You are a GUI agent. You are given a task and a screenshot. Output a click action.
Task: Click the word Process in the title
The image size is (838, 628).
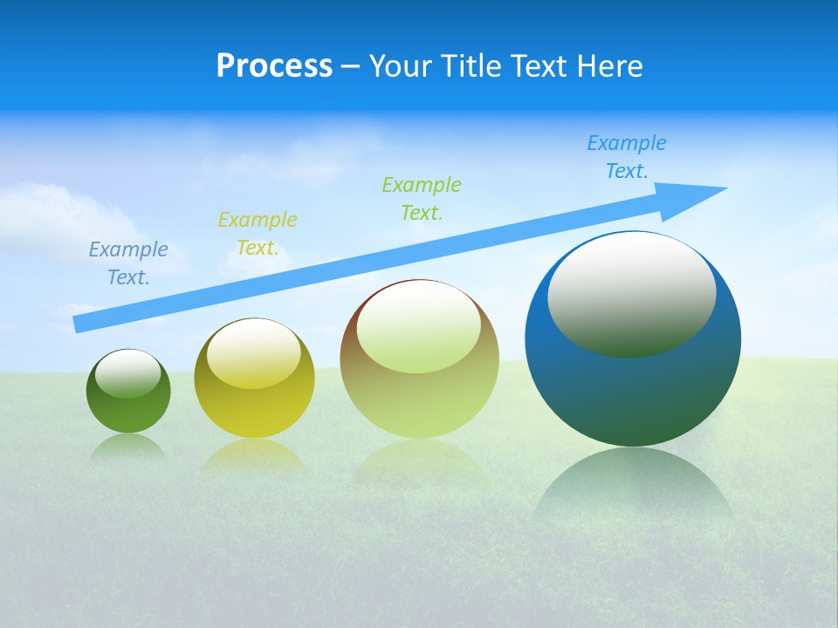pos(274,66)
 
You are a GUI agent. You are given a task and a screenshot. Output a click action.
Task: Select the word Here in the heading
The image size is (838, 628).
pos(610,66)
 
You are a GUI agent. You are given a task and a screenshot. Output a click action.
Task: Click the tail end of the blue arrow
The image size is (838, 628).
pos(80,324)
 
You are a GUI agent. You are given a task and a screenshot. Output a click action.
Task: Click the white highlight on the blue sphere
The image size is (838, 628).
pos(631,292)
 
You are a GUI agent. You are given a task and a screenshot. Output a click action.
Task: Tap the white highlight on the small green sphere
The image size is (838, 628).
pos(127,373)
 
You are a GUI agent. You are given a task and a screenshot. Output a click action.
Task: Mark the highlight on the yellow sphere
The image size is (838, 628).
pos(254,353)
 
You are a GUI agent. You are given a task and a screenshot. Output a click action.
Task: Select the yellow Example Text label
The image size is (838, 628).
pos(257,234)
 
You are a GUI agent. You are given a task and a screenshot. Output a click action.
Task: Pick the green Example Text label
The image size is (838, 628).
pos(421,198)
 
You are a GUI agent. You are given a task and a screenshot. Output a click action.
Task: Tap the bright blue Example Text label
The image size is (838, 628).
pos(626,157)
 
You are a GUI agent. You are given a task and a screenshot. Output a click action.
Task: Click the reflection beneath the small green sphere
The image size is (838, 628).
pos(128,447)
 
